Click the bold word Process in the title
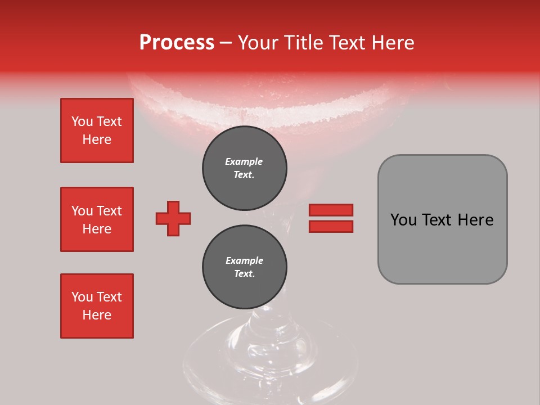(x=177, y=43)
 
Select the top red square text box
(x=97, y=130)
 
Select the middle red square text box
(x=97, y=219)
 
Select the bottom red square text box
(x=97, y=306)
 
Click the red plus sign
(x=173, y=218)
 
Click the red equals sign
(x=331, y=218)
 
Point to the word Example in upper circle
(x=244, y=161)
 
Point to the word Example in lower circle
(x=244, y=260)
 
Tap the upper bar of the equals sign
(x=331, y=210)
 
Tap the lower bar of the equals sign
(x=331, y=226)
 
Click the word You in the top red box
(x=82, y=121)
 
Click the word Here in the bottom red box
(x=97, y=315)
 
